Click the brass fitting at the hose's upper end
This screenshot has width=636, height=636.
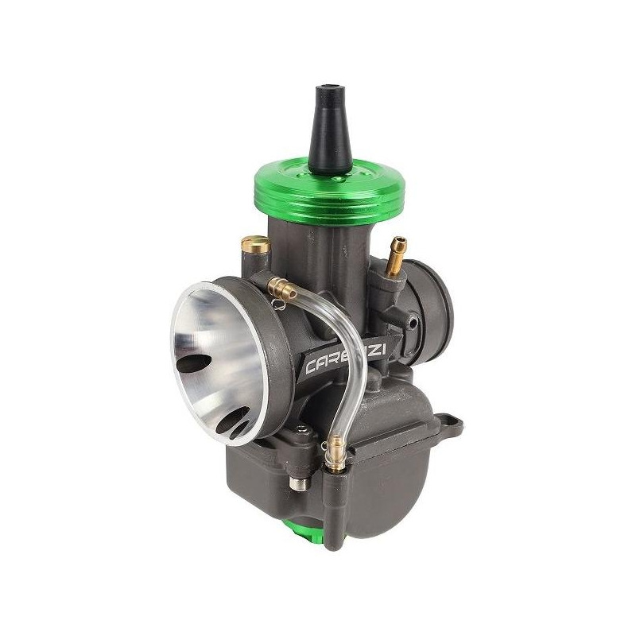tap(280, 284)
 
